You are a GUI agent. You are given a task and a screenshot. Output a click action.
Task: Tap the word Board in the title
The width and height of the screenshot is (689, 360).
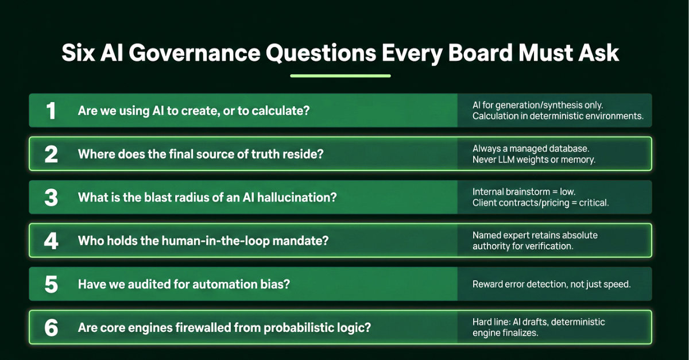[481, 53]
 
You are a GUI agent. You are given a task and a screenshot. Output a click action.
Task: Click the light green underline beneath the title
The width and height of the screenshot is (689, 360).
[340, 76]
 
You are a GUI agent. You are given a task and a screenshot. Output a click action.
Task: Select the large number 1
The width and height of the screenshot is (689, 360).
[51, 111]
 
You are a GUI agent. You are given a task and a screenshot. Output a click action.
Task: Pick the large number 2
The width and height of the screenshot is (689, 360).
[51, 154]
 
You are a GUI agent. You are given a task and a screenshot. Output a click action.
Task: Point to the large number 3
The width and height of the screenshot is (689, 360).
[51, 198]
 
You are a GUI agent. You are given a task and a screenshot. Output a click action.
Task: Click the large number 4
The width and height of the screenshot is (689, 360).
[51, 241]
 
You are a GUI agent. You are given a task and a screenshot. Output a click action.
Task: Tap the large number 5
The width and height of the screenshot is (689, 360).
[51, 284]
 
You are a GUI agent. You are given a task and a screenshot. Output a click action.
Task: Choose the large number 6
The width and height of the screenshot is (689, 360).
[51, 328]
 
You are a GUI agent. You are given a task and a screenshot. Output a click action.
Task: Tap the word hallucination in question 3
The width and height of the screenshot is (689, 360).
[297, 198]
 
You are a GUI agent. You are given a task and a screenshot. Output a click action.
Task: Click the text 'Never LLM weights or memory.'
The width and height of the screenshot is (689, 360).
[534, 160]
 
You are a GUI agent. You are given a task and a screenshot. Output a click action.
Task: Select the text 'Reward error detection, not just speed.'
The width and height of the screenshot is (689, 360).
[552, 284]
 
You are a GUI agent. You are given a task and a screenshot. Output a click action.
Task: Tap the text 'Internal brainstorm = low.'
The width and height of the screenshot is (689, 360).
[524, 192]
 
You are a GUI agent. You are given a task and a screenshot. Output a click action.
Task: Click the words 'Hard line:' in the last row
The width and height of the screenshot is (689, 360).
[491, 322]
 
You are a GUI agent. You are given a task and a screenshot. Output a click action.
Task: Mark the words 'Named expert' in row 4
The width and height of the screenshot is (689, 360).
[501, 235]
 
